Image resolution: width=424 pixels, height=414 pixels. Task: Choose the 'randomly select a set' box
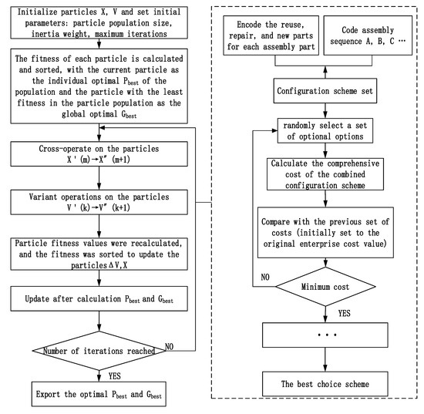[318, 135]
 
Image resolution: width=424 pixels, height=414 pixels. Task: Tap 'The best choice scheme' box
[318, 382]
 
